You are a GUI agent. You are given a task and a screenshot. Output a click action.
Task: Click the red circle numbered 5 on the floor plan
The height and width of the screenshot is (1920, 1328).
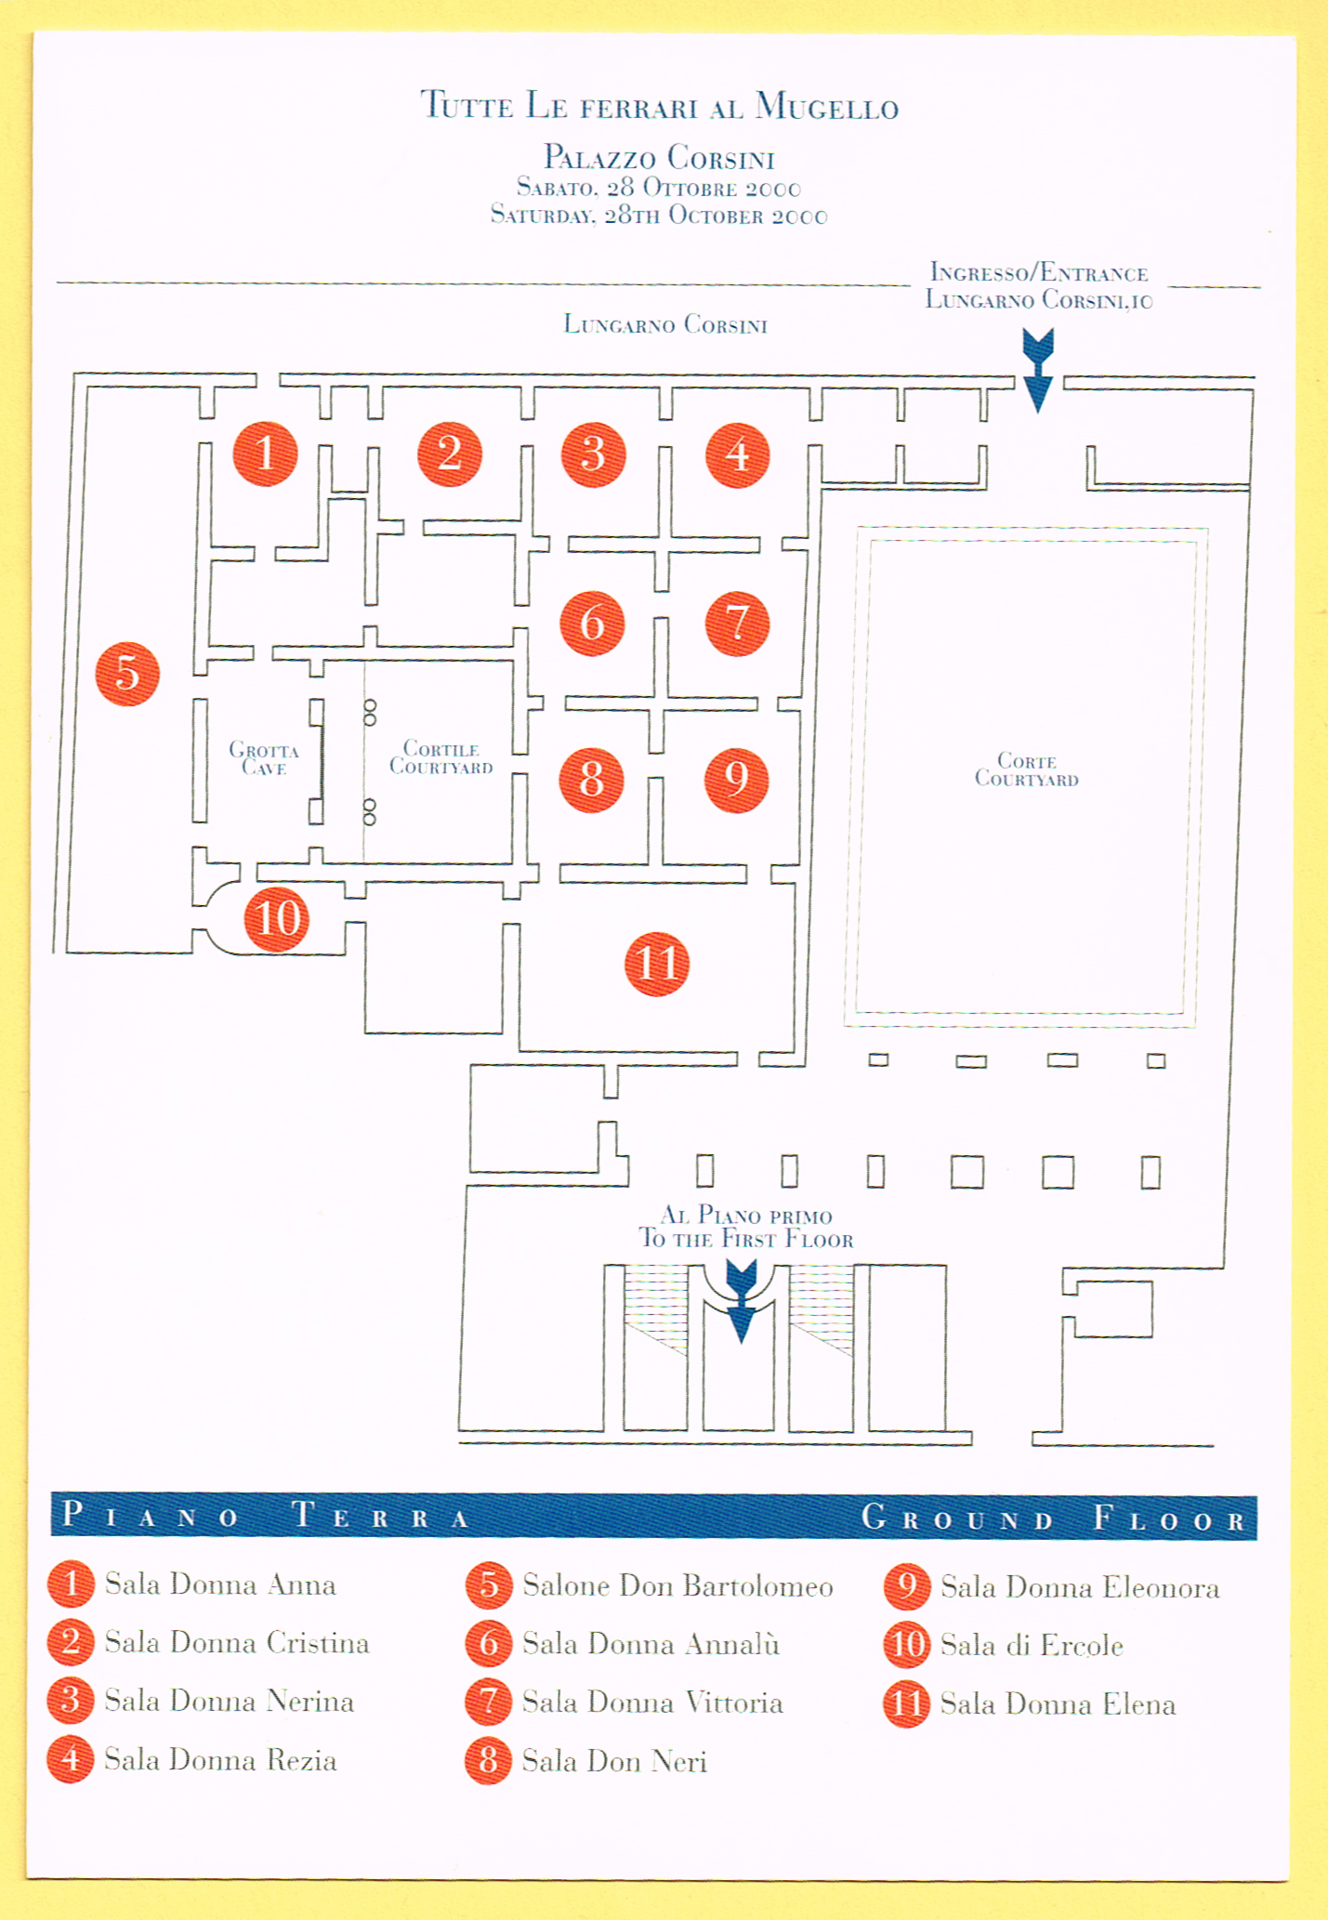[127, 674]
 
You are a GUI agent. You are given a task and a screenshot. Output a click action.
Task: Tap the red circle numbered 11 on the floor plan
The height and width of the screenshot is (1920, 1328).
[657, 964]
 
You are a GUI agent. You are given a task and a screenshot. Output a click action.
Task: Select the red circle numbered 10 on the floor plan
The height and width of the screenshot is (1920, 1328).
[277, 919]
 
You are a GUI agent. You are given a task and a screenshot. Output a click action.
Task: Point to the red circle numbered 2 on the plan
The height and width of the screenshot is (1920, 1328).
[450, 454]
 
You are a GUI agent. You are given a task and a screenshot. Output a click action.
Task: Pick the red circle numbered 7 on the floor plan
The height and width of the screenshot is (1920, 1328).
[737, 624]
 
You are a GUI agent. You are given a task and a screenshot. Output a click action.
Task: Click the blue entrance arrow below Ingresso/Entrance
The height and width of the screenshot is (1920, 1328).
[1038, 370]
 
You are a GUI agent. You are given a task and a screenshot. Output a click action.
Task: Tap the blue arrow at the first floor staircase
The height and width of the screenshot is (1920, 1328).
[741, 1301]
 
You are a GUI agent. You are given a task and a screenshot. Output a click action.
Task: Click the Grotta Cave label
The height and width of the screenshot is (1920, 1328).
[264, 758]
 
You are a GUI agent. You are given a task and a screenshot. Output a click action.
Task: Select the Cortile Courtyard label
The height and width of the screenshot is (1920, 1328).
[440, 757]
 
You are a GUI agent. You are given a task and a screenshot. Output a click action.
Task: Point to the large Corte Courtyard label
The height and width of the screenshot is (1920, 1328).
[1026, 769]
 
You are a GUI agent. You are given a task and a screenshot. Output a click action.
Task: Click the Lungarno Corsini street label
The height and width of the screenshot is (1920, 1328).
[665, 324]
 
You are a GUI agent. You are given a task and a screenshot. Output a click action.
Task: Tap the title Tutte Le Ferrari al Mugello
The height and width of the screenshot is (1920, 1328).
[660, 105]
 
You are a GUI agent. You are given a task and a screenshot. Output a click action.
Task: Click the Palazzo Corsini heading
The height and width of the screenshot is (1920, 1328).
[659, 157]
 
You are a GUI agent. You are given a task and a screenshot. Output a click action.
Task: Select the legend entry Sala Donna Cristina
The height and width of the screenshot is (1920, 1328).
[237, 1642]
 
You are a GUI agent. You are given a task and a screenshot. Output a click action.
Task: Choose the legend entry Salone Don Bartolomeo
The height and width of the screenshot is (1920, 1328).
[677, 1585]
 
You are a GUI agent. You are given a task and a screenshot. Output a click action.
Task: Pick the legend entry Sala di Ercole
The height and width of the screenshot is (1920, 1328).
[1032, 1645]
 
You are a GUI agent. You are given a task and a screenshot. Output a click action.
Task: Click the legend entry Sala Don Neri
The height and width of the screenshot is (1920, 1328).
[614, 1761]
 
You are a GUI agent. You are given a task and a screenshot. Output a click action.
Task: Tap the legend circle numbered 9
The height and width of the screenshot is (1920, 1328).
[907, 1586]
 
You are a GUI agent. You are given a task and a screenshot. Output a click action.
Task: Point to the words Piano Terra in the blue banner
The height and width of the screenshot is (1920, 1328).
[266, 1516]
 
